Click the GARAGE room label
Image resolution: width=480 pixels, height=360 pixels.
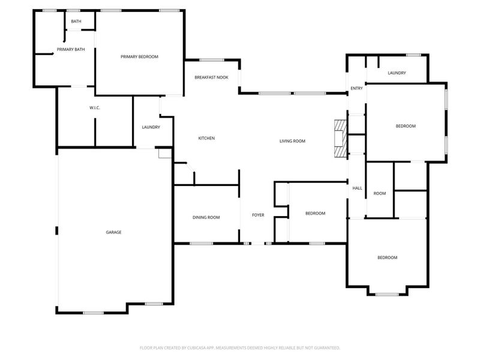(114, 232)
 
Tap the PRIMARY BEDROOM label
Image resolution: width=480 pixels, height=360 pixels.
(139, 56)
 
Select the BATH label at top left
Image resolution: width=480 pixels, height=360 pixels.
(76, 22)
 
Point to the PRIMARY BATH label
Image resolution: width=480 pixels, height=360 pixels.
(71, 49)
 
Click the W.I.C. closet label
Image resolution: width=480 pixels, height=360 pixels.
(94, 108)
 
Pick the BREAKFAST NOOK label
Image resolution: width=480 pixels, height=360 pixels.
(211, 78)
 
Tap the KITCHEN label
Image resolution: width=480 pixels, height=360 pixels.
(206, 139)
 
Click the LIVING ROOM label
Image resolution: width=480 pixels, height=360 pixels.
(293, 141)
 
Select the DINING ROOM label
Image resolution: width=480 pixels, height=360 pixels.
(206, 217)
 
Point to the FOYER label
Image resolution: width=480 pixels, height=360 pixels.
(258, 215)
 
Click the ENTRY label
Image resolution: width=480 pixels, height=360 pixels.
(356, 89)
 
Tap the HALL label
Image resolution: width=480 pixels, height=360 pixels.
(357, 188)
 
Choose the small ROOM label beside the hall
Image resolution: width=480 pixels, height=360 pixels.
(379, 193)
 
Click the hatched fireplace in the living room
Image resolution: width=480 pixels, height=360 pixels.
(341, 139)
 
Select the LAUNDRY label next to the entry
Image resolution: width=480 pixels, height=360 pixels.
(397, 73)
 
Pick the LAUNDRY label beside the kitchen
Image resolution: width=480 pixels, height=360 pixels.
(151, 127)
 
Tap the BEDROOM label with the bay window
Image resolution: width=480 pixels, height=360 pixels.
(387, 257)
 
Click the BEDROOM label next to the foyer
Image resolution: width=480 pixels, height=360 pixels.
(315, 214)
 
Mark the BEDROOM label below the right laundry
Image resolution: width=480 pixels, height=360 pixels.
(406, 126)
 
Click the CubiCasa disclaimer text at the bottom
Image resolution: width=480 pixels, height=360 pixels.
(240, 347)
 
